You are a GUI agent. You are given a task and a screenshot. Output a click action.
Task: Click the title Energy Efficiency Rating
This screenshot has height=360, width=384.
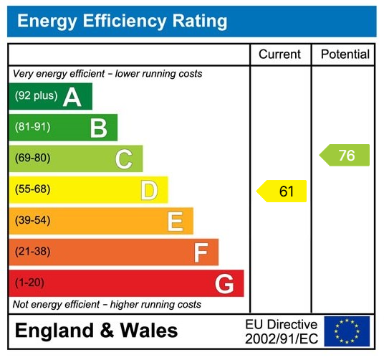pyautogui.click(x=122, y=21)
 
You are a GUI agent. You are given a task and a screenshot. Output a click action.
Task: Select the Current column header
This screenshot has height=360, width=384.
pyautogui.click(x=279, y=55)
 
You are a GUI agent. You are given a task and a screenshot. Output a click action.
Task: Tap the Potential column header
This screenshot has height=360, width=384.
pyautogui.click(x=345, y=55)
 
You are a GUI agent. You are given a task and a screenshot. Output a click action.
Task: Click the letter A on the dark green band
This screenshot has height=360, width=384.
pyautogui.click(x=72, y=97)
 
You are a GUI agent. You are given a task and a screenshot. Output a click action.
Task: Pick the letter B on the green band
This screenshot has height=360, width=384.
pyautogui.click(x=98, y=128)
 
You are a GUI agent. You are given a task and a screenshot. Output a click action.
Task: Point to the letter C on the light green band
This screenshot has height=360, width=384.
pyautogui.click(x=124, y=159)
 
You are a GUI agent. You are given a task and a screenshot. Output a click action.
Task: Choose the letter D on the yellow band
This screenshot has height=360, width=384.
pyautogui.click(x=149, y=190)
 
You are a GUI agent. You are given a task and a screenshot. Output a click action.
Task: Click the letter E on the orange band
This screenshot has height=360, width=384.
pyautogui.click(x=175, y=222)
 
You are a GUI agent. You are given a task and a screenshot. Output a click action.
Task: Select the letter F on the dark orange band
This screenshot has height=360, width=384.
pyautogui.click(x=201, y=252)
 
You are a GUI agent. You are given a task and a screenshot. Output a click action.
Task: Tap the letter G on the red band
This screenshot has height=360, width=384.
pyautogui.click(x=224, y=284)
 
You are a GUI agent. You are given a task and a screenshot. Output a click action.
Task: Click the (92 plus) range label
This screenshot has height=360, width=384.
pyautogui.click(x=36, y=96)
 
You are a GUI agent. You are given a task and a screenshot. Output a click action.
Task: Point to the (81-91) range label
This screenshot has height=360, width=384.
pyautogui.click(x=32, y=128)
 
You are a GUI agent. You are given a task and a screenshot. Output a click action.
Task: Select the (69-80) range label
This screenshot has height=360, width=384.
pyautogui.click(x=32, y=158)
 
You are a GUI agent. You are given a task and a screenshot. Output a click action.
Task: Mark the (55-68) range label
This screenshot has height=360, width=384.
pyautogui.click(x=32, y=190)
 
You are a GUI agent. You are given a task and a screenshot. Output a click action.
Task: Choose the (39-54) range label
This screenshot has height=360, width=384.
pyautogui.click(x=32, y=221)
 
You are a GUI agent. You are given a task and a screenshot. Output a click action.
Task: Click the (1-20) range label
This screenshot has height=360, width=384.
pyautogui.click(x=29, y=283)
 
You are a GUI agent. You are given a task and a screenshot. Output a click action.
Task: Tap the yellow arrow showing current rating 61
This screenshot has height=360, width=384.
pyautogui.click(x=282, y=191)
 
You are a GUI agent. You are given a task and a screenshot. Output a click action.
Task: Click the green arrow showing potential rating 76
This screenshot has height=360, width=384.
pyautogui.click(x=345, y=156)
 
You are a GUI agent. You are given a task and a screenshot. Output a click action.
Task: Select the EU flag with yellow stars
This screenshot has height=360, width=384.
pyautogui.click(x=347, y=331)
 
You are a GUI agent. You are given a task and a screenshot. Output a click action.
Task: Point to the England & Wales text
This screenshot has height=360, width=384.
pyautogui.click(x=96, y=331)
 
